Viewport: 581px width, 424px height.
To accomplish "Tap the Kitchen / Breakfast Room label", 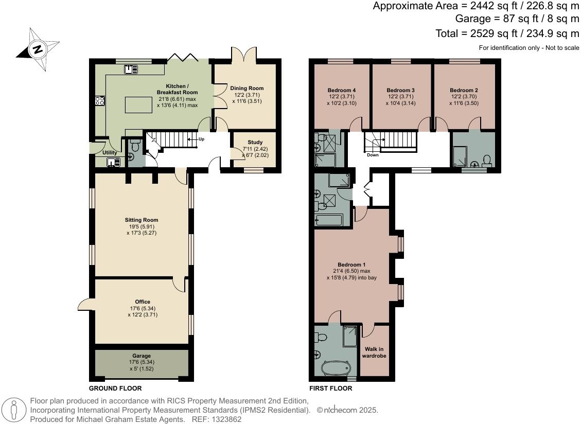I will (177, 89).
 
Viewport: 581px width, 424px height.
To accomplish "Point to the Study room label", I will (255, 143).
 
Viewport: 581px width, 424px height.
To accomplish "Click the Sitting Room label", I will (141, 220).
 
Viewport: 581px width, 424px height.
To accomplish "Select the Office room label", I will (142, 302).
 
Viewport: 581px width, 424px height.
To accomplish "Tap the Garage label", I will (142, 356).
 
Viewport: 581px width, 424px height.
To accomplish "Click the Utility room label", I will (110, 153).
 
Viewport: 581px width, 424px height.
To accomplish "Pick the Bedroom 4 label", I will (342, 91).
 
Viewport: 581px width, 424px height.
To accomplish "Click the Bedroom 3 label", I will (400, 91).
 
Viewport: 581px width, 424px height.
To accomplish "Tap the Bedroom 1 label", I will (351, 265).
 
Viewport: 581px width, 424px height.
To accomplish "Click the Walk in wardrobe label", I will (374, 352).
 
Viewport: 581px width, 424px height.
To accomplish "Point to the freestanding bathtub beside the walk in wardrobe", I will (336, 368).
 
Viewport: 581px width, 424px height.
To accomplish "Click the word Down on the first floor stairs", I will (373, 154).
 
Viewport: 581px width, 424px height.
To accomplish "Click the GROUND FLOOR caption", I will (115, 388).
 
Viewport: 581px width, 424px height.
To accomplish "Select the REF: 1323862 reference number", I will (217, 419).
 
